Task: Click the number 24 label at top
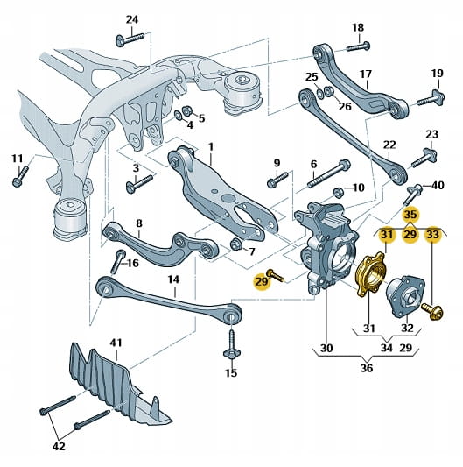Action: [x=132, y=20]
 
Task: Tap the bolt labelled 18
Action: [x=359, y=46]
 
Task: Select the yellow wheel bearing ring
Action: [x=371, y=274]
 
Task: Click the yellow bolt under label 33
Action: [x=432, y=310]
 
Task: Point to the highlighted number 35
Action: [x=410, y=215]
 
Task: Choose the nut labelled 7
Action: [x=236, y=244]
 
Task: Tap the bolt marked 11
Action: [x=20, y=176]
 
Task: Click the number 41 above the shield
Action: [x=116, y=343]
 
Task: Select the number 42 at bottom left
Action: [x=59, y=447]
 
